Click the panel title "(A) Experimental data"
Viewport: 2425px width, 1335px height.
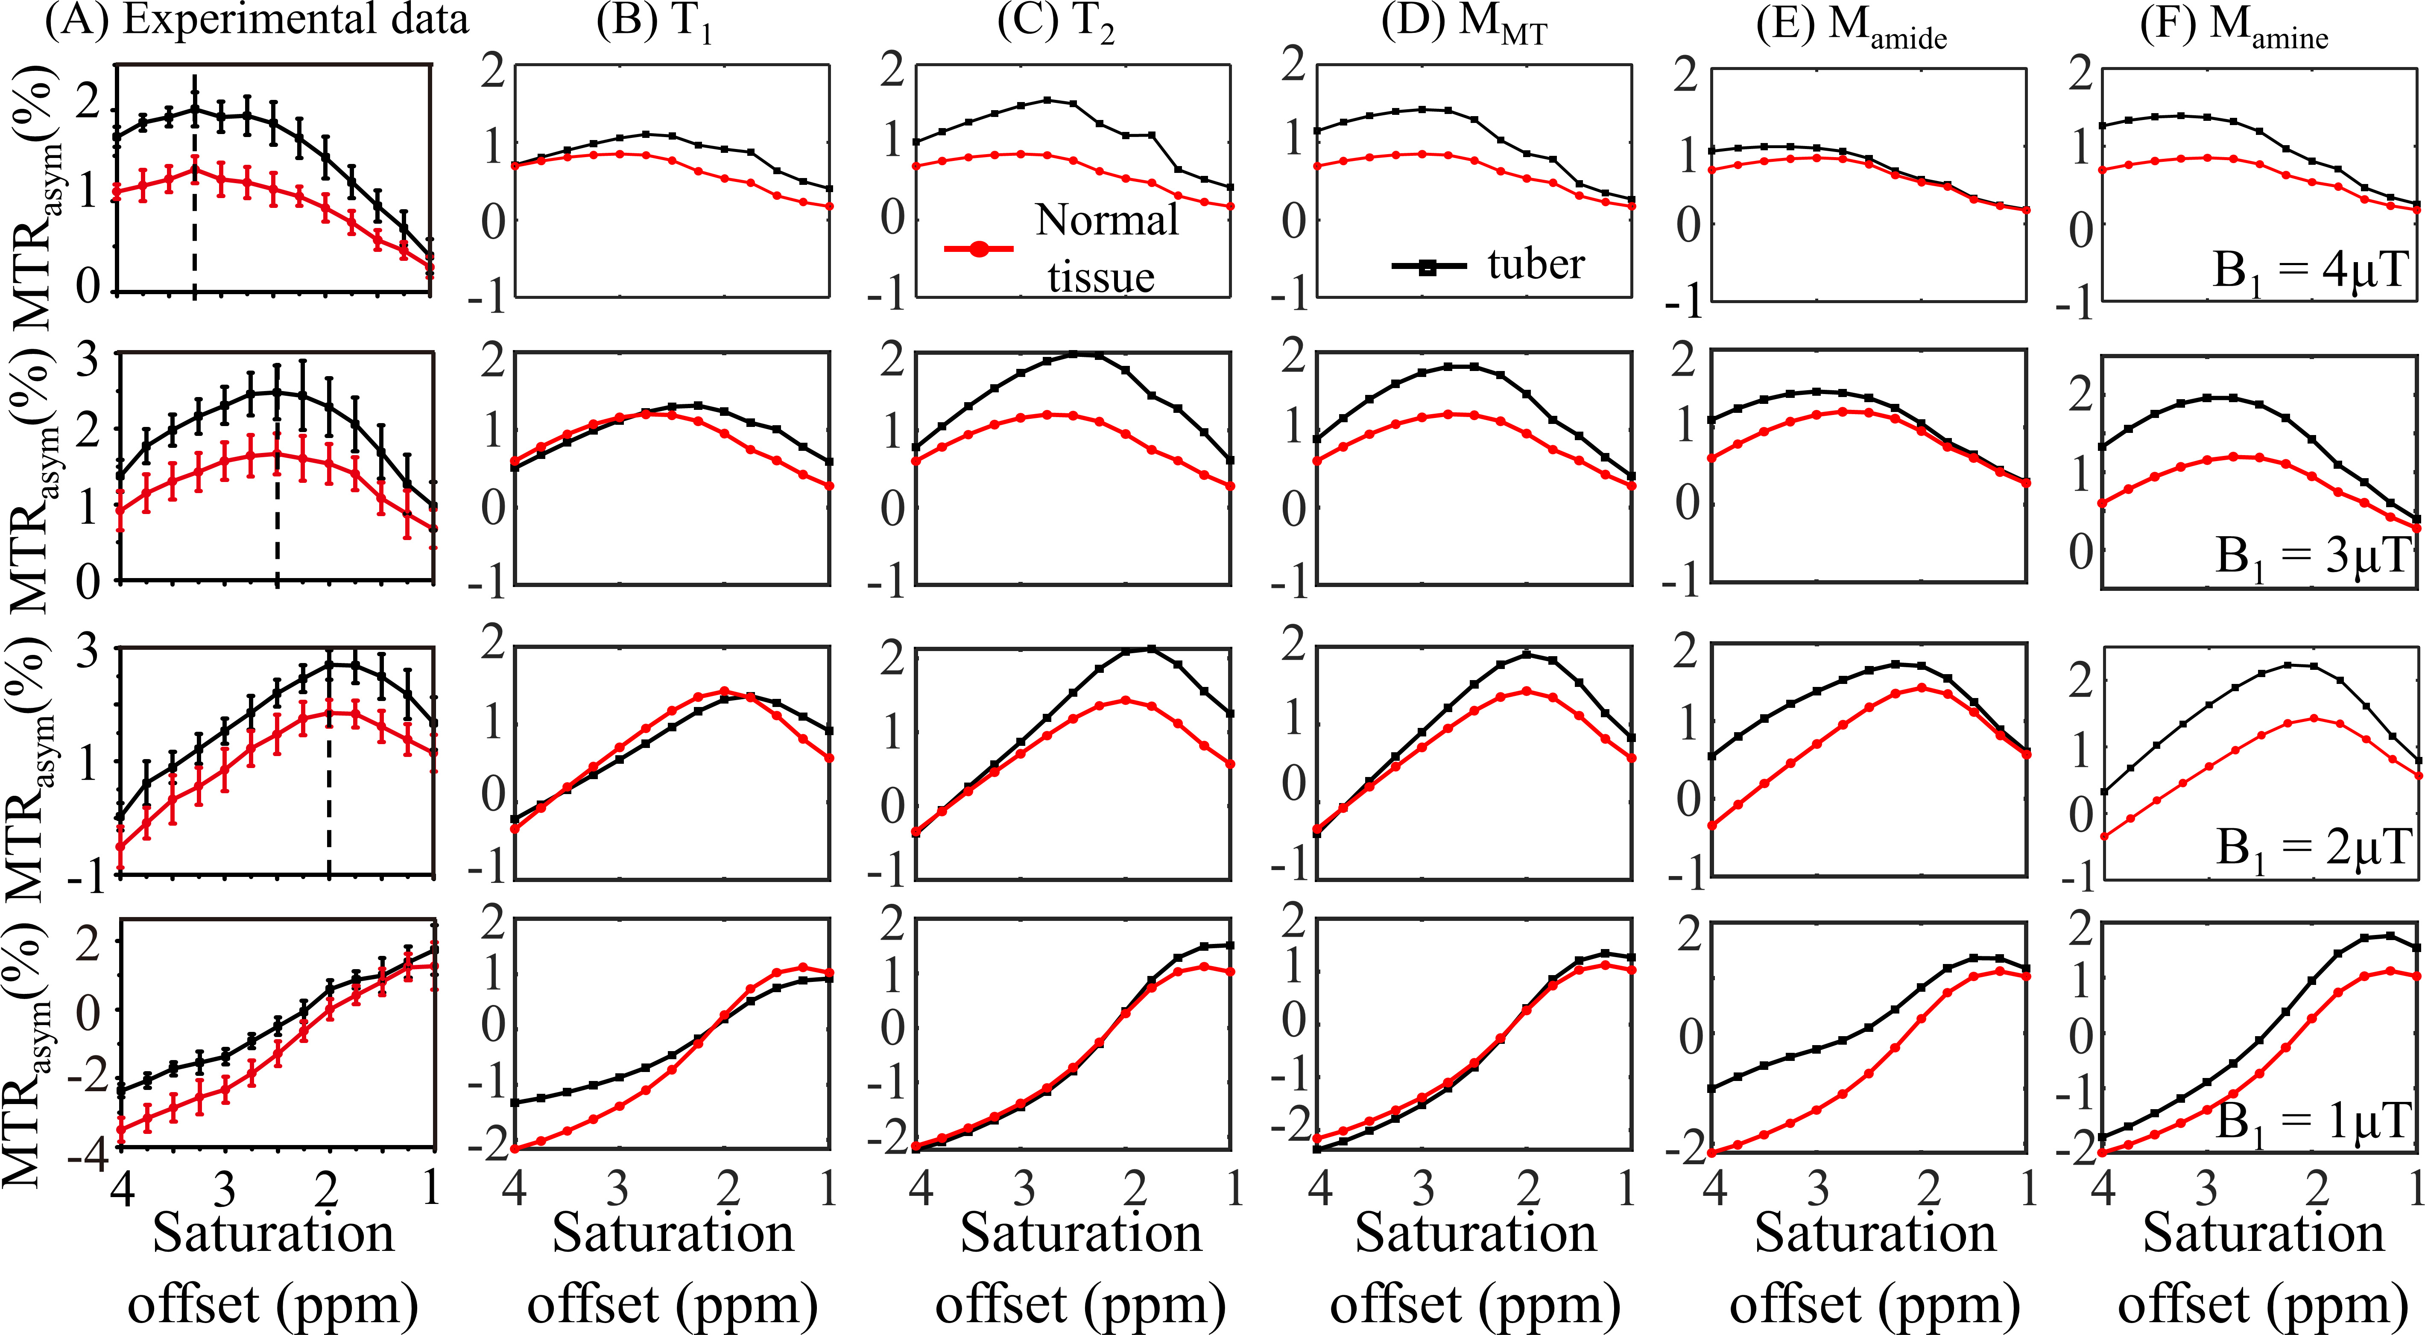256,21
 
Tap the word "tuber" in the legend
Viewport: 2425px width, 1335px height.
1536,265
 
